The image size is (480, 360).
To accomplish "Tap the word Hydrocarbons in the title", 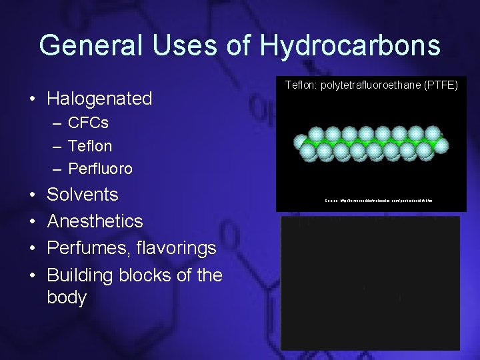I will point(350,45).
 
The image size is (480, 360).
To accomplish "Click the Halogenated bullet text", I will point(99,99).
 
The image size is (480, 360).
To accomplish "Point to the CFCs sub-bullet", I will point(88,123).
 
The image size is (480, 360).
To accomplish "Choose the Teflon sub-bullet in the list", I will point(90,146).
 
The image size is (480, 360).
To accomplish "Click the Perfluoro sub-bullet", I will point(100,169).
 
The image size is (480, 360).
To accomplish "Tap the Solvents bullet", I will point(83,195).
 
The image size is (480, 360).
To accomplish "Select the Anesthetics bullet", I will point(95,221).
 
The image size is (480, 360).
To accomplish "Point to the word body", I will point(67,297).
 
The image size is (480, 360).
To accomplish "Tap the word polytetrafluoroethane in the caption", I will point(369,86).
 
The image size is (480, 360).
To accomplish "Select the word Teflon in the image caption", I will point(301,86).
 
